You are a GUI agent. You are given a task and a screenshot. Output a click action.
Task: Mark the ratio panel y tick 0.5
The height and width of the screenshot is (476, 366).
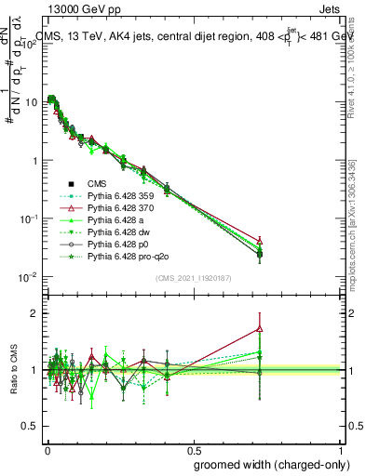point(30,426)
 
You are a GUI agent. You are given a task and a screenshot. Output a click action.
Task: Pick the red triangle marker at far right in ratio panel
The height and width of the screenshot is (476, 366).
point(260,328)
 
